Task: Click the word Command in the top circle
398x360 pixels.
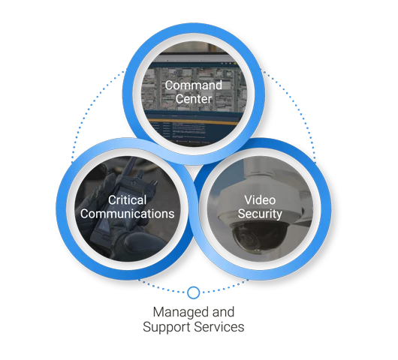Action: [194, 85]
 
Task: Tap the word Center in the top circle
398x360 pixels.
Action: [194, 99]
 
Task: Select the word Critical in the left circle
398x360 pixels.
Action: [127, 200]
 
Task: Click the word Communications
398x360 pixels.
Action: [128, 214]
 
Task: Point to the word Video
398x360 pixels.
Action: [260, 200]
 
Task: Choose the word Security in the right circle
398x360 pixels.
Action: [260, 214]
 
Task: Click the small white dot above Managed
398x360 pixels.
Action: [194, 292]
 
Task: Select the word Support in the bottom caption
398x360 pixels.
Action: [166, 327]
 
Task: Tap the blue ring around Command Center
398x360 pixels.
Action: [194, 31]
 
